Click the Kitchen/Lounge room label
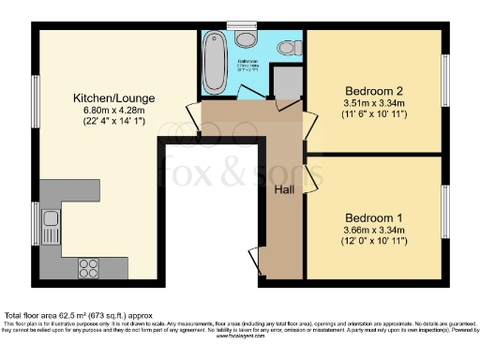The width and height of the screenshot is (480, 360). point(115,97)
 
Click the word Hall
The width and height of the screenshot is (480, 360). point(285,189)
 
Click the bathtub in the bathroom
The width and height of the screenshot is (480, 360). point(215,59)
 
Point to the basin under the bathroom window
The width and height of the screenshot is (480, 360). point(247,39)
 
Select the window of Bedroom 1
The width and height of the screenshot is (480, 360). point(446,213)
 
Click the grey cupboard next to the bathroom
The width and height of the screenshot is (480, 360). point(289,83)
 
